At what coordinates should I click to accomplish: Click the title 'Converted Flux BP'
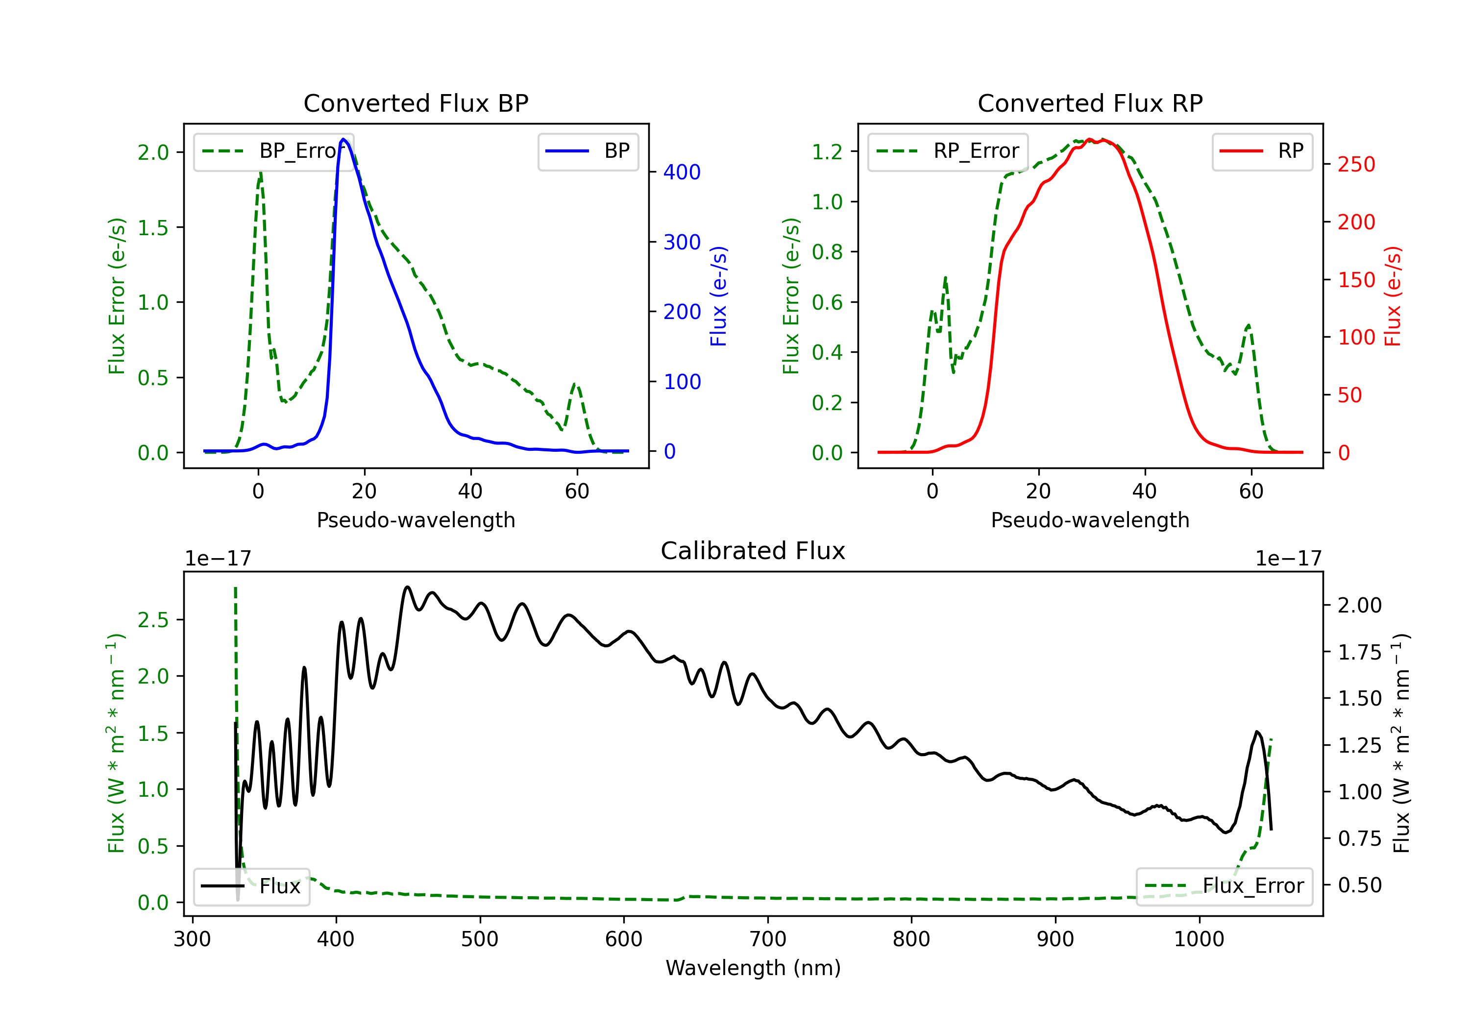coord(416,103)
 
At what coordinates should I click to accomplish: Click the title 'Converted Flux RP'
coord(1090,103)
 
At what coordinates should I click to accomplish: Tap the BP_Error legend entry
coord(273,151)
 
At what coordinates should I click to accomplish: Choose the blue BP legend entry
coord(588,151)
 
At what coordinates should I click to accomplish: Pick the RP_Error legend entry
coord(948,151)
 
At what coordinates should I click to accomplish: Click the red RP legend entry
coord(1262,151)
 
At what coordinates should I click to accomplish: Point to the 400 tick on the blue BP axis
coord(682,172)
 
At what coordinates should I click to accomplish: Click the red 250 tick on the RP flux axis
coord(1356,165)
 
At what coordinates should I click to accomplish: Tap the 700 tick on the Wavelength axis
coord(768,939)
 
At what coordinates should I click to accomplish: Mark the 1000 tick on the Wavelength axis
coord(1199,939)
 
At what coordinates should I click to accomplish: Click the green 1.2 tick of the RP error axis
coord(827,152)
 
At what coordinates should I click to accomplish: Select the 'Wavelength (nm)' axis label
coord(753,968)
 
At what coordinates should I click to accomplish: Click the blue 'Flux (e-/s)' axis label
coord(719,296)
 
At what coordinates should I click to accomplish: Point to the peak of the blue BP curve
coord(344,139)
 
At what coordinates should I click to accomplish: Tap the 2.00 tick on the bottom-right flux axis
coord(1359,605)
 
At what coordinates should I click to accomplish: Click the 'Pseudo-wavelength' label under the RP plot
coord(1090,520)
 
